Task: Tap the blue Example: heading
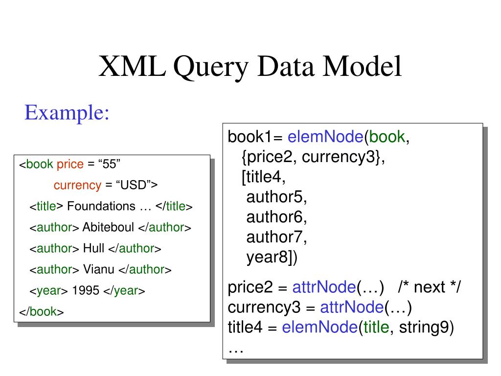coord(67,113)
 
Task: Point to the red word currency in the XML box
coord(77,186)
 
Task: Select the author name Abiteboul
coord(109,228)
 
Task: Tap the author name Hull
coord(93,249)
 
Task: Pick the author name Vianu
coord(99,270)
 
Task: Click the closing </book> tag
coord(42,312)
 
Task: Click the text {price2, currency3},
coord(314,157)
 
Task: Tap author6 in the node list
coord(277,217)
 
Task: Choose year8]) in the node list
coord(272,257)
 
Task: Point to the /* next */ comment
coord(429,287)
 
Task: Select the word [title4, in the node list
coord(264,177)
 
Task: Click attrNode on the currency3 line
coord(351,308)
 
